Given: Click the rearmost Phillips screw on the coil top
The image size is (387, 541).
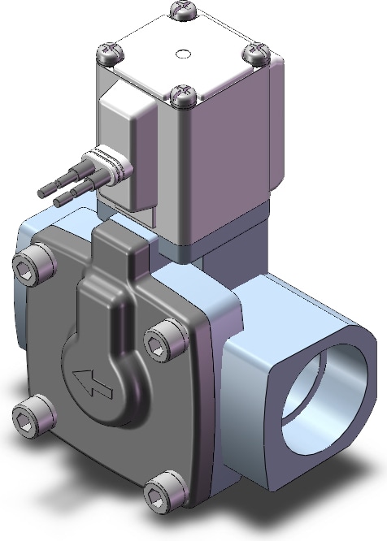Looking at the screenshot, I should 184,11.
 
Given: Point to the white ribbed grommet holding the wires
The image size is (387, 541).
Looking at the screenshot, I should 107,169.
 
